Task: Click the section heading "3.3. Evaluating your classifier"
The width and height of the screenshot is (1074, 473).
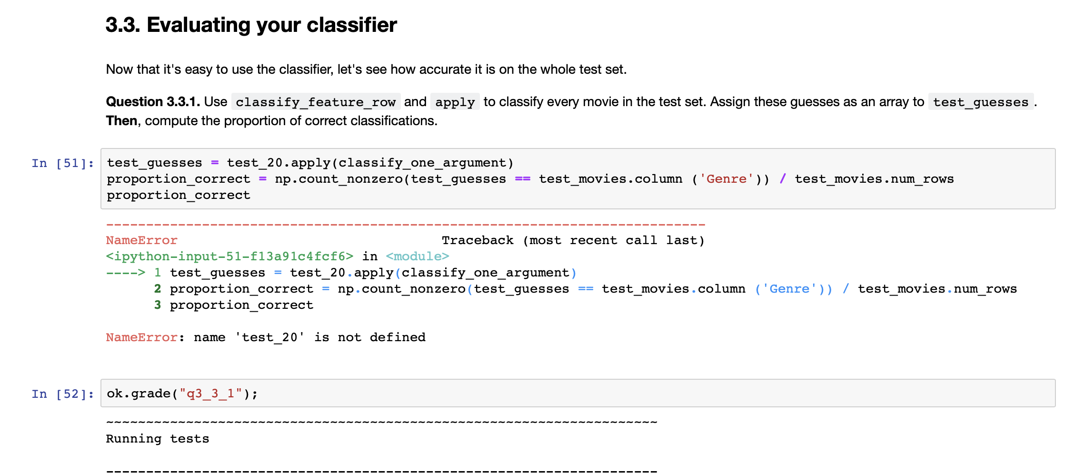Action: (251, 25)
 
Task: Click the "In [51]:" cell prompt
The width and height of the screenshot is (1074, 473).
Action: (62, 163)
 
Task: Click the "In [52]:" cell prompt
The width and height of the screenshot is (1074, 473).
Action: (62, 394)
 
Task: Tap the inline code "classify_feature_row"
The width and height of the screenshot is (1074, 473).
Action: (316, 102)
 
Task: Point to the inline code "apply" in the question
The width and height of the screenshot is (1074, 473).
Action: (455, 102)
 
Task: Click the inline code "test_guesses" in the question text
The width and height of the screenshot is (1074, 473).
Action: (981, 102)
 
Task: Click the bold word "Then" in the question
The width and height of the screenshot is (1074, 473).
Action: (121, 121)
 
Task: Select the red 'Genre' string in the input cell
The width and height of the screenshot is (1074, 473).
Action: (726, 179)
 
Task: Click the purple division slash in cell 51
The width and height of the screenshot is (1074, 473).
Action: (783, 179)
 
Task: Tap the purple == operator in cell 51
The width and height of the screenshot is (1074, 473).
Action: (522, 179)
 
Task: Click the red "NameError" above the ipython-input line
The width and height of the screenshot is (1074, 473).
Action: (141, 240)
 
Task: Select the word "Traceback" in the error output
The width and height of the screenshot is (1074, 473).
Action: (477, 240)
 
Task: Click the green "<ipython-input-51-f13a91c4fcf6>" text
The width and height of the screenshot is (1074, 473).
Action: (229, 256)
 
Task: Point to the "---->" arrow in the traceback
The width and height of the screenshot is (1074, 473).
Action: (125, 273)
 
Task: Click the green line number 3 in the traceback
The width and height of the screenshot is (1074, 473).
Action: (158, 305)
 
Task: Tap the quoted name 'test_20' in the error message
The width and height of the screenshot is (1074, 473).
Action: (270, 337)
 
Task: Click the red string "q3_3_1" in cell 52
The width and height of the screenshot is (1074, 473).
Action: (211, 394)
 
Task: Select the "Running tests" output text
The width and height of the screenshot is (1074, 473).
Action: (157, 439)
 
